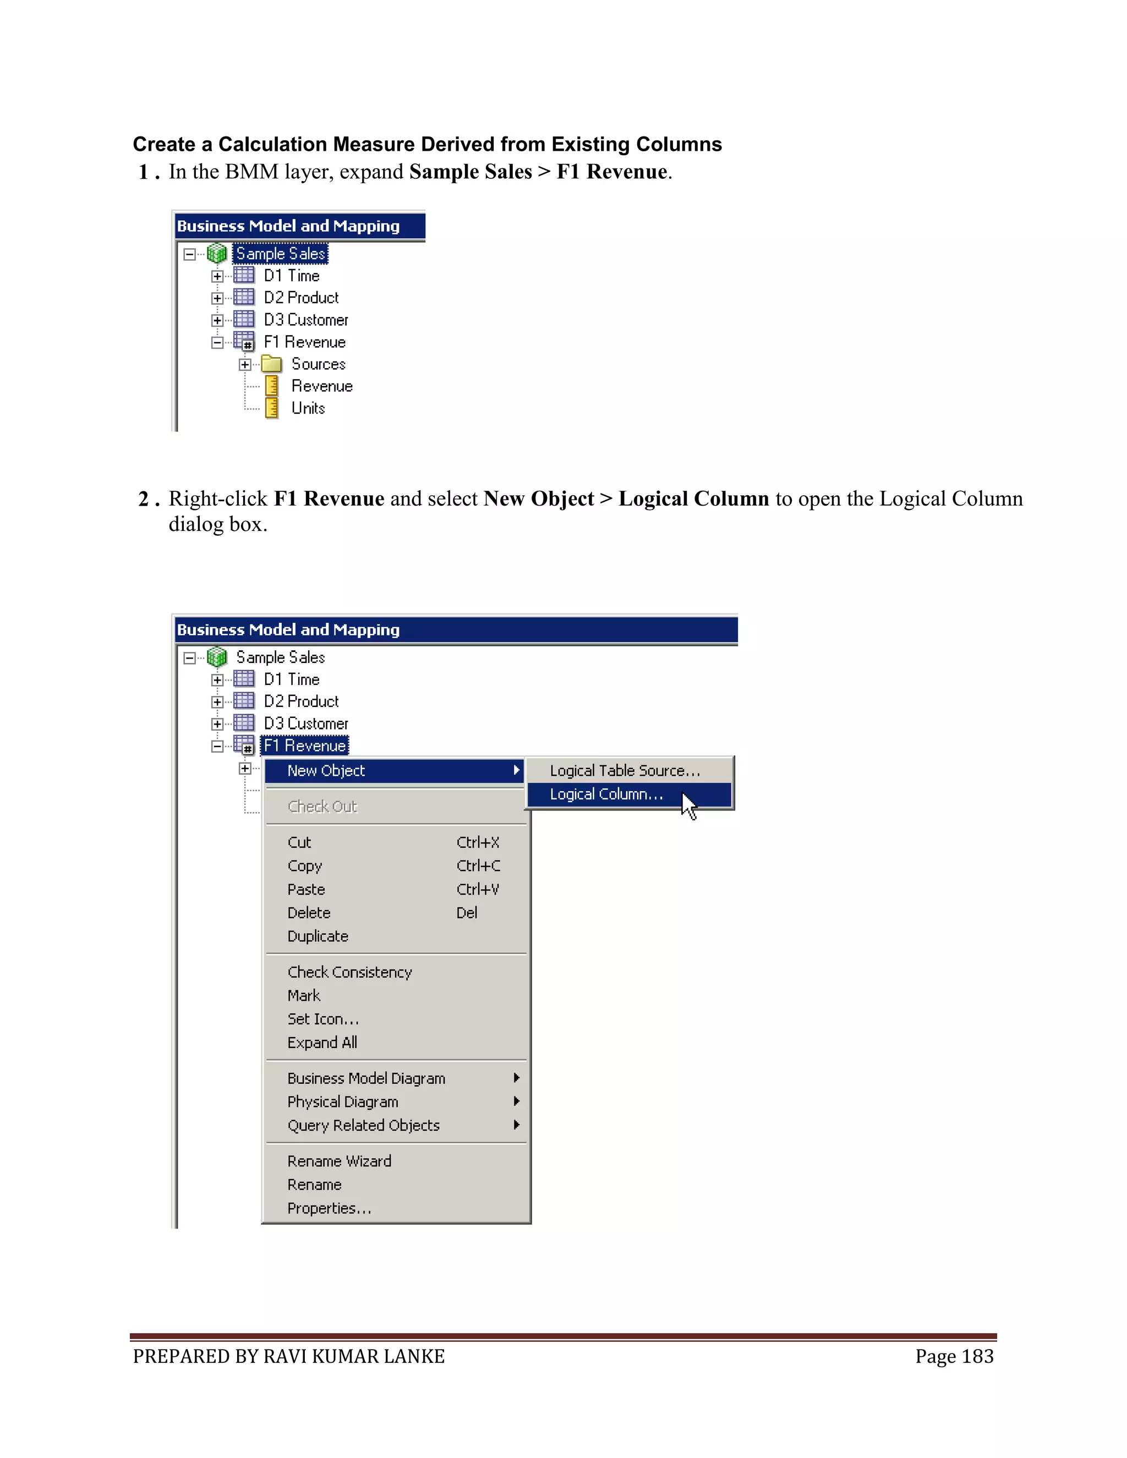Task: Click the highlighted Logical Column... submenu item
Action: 606,794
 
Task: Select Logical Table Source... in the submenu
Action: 625,770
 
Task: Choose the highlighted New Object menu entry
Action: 326,770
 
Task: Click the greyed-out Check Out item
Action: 322,807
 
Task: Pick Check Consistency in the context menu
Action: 350,972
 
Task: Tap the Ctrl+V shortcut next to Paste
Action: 478,889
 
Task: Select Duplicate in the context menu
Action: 318,936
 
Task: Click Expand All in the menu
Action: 322,1042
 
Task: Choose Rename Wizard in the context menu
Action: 339,1161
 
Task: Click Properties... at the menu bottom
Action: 329,1208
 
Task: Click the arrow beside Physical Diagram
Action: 516,1101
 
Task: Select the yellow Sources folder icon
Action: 272,364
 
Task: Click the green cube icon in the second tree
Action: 217,657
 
